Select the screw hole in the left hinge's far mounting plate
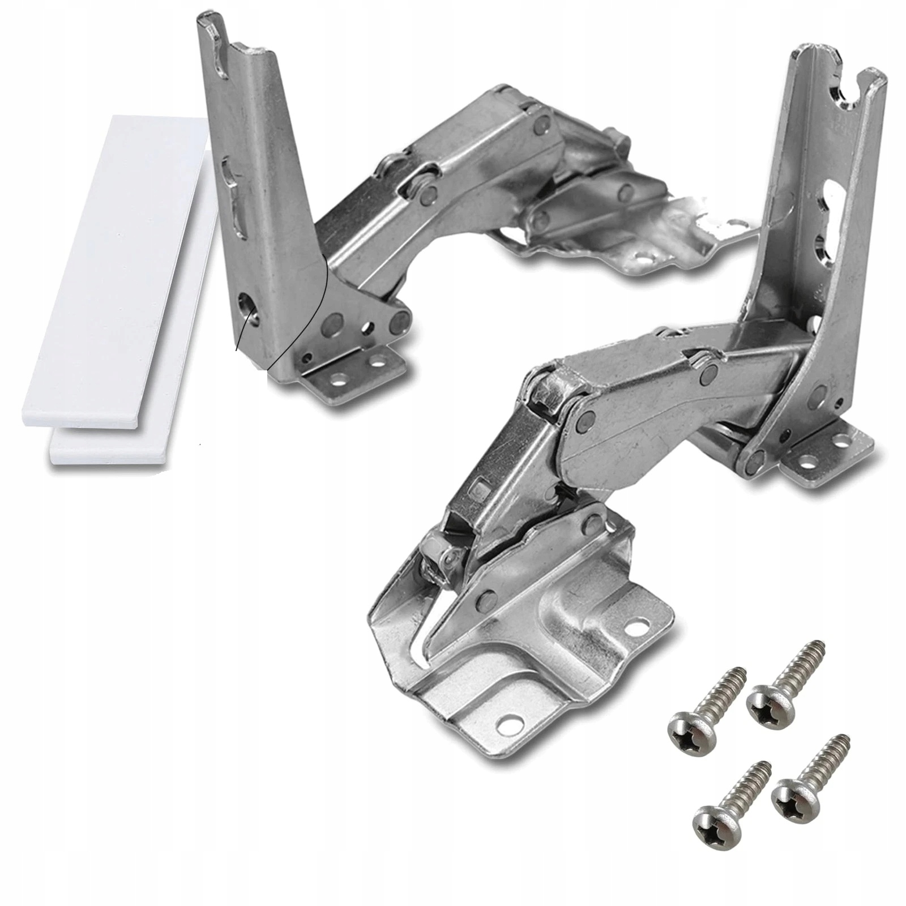[642, 261]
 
